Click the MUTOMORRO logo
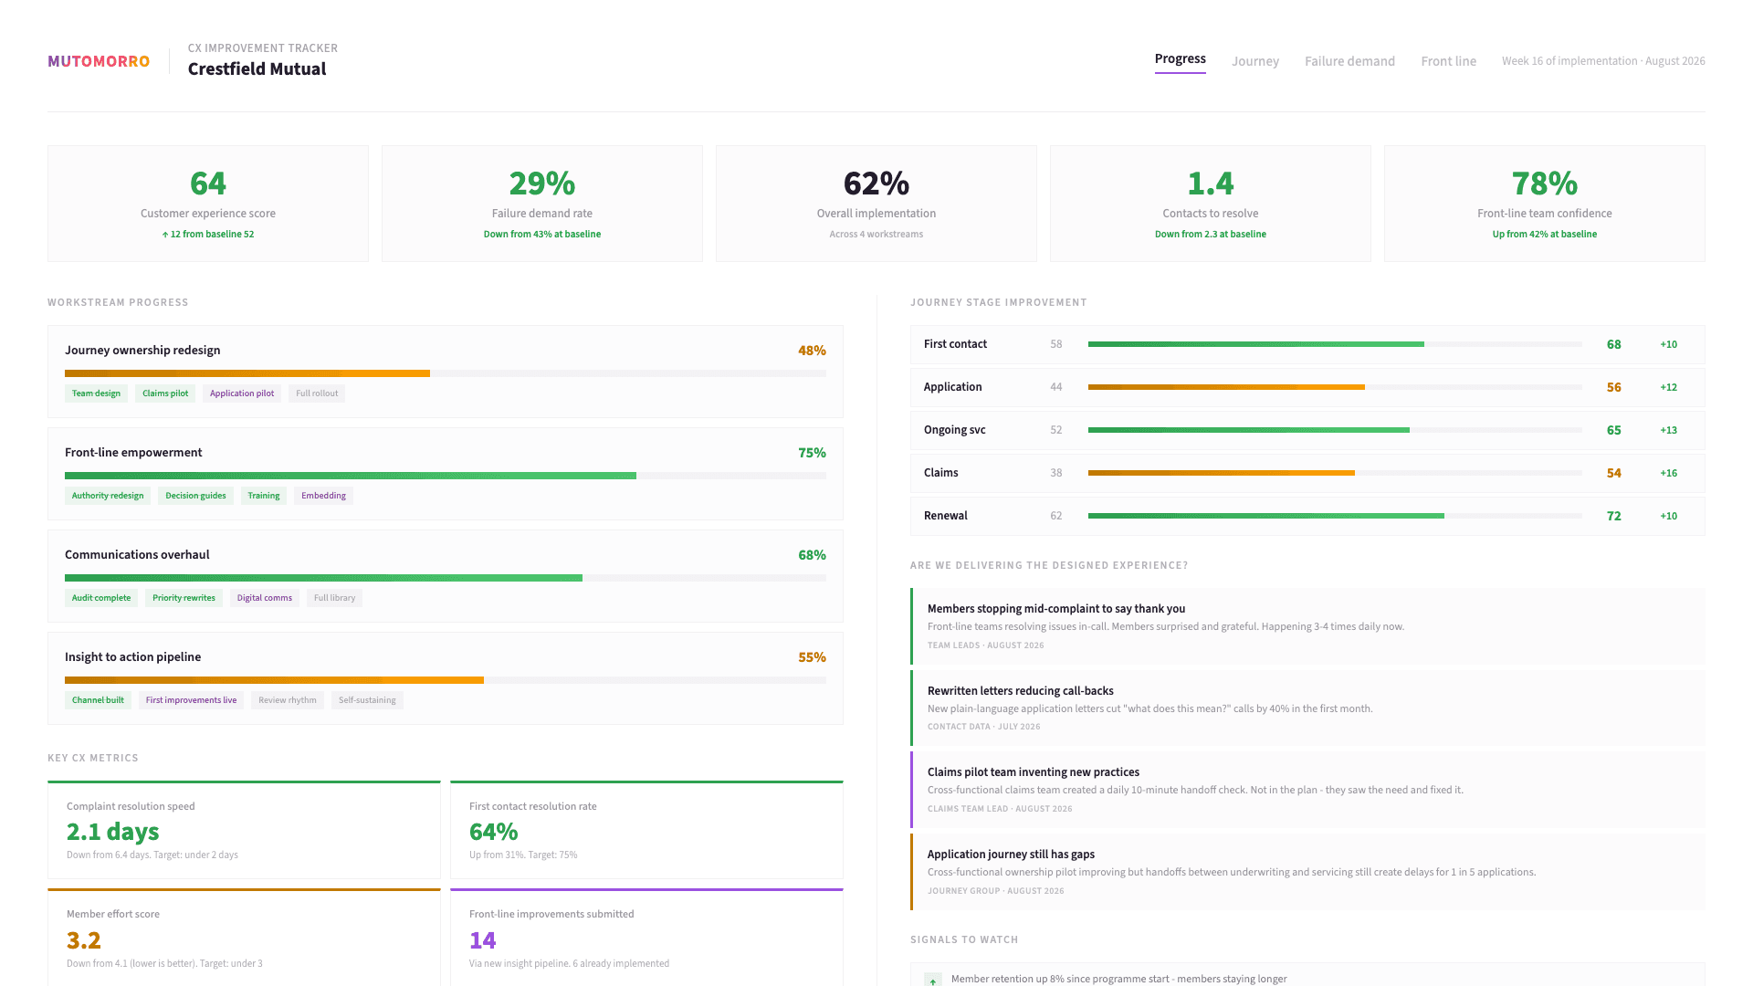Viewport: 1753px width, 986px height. click(99, 61)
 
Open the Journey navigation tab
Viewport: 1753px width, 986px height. click(1254, 61)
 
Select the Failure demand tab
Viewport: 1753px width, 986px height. click(1349, 61)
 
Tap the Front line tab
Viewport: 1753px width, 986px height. click(1448, 61)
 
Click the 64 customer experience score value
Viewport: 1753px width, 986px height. click(208, 184)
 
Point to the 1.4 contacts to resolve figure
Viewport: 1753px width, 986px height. click(1210, 184)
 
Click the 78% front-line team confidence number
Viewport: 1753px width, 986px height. click(1544, 184)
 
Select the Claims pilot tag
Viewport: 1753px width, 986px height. click(165, 393)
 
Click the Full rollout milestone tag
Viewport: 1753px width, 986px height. click(317, 393)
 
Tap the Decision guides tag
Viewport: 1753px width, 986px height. click(195, 496)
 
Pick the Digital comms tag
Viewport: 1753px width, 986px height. click(264, 598)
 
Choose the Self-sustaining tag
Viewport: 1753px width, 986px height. click(367, 700)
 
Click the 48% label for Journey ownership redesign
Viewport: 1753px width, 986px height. click(811, 351)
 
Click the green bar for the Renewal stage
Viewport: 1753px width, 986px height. click(1265, 516)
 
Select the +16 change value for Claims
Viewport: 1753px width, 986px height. click(1668, 473)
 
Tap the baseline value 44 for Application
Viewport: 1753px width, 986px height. click(1055, 387)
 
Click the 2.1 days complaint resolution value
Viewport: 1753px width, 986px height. click(113, 832)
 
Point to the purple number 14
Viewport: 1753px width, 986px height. click(482, 940)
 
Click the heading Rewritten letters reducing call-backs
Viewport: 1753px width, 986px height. click(1020, 691)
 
